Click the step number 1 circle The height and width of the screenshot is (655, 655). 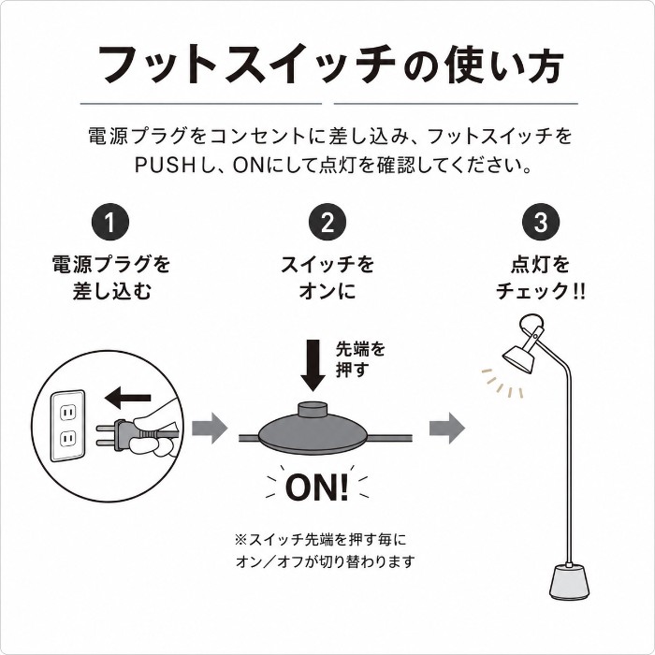pyautogui.click(x=110, y=222)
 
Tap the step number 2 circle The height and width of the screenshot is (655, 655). pyautogui.click(x=327, y=222)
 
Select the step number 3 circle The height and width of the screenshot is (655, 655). pyautogui.click(x=542, y=222)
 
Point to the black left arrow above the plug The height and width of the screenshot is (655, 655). pyautogui.click(x=127, y=398)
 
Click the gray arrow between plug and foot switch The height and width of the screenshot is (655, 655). pyautogui.click(x=210, y=429)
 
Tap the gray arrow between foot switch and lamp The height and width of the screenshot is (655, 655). pyautogui.click(x=447, y=429)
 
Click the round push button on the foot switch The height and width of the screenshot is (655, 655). pyautogui.click(x=313, y=409)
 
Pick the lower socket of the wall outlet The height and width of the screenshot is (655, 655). pyautogui.click(x=67, y=439)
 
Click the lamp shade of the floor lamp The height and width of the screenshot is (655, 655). pyautogui.click(x=518, y=357)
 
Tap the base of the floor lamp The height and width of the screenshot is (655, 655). pyautogui.click(x=569, y=581)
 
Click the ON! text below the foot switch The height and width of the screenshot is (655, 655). pyautogui.click(x=317, y=488)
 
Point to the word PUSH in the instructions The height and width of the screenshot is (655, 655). pyautogui.click(x=164, y=166)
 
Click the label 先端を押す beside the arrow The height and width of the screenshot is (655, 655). pyautogui.click(x=360, y=359)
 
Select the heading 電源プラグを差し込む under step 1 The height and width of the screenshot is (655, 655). pyautogui.click(x=111, y=277)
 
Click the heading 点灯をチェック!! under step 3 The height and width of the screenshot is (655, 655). pyautogui.click(x=541, y=277)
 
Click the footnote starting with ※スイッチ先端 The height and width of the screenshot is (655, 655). pyautogui.click(x=325, y=550)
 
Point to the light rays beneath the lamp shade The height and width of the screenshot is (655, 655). pyautogui.click(x=502, y=383)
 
